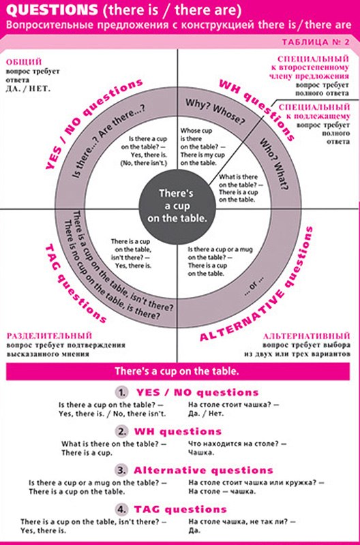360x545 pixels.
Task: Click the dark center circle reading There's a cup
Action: click(x=177, y=206)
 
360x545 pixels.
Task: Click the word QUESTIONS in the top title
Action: click(x=52, y=11)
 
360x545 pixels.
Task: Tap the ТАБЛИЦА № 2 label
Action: click(x=316, y=42)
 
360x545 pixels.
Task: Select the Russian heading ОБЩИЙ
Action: click(x=24, y=62)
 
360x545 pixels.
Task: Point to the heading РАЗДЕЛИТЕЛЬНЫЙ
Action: click(x=49, y=336)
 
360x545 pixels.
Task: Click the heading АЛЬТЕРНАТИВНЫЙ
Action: click(x=306, y=336)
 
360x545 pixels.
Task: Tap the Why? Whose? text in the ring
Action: click(x=215, y=111)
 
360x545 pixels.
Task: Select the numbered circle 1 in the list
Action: click(x=121, y=393)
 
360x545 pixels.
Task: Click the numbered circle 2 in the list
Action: click(x=121, y=432)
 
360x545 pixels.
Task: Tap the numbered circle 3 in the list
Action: click(x=121, y=471)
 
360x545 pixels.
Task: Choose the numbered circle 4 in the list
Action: click(x=121, y=510)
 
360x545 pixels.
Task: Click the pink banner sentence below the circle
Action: click(x=177, y=371)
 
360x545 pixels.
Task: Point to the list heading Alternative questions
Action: click(x=203, y=471)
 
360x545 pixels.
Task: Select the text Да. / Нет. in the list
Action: click(x=206, y=414)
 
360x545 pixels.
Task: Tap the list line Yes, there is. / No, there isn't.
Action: click(x=112, y=414)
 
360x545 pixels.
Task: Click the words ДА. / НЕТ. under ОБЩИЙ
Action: click(x=28, y=89)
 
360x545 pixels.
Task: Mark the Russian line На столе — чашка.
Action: click(x=222, y=491)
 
